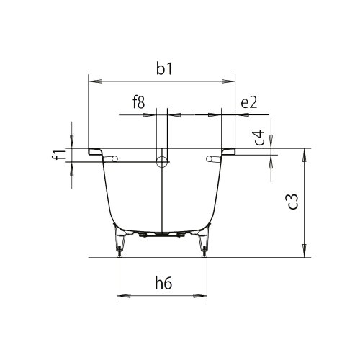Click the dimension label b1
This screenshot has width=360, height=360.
164,69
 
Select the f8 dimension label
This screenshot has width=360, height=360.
139,102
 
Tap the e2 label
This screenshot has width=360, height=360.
249,102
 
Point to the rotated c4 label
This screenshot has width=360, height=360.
259,138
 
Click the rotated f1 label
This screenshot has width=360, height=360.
58,154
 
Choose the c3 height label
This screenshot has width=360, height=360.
292,202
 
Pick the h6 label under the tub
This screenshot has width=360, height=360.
163,284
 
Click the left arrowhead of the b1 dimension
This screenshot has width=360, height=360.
96,81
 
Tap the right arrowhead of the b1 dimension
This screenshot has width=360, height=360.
228,81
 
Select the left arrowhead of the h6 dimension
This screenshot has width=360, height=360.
124,296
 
